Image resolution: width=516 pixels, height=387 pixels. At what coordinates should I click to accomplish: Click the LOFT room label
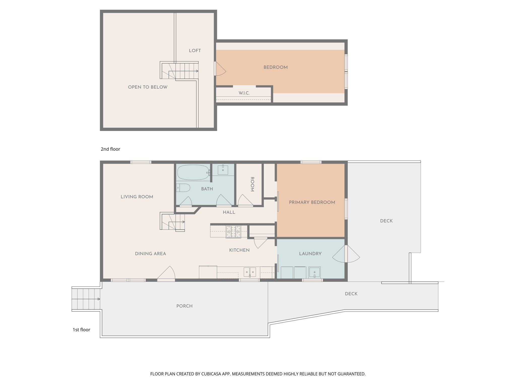click(195, 51)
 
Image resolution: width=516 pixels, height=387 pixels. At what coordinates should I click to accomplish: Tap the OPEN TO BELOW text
click(148, 87)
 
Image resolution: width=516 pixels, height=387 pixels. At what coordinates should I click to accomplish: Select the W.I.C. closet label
click(244, 93)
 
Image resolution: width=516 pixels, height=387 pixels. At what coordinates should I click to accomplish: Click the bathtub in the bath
click(193, 172)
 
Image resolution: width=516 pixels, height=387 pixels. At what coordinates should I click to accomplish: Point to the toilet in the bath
click(183, 188)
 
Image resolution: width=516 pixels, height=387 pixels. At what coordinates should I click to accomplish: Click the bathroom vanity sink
click(223, 170)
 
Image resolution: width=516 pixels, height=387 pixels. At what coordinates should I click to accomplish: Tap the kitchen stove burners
click(233, 232)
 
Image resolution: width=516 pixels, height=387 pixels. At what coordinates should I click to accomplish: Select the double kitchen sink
click(250, 272)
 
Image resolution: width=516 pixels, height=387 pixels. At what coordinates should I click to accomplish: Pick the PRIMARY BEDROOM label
click(312, 202)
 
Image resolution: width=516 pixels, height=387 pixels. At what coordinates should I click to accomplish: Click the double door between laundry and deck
click(346, 254)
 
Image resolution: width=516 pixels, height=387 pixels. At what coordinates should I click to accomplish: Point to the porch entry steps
click(86, 299)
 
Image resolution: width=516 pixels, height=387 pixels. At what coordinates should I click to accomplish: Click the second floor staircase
click(179, 71)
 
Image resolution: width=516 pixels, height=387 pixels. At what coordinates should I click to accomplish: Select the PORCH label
click(184, 306)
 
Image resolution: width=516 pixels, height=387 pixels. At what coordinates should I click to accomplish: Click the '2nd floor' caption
click(110, 149)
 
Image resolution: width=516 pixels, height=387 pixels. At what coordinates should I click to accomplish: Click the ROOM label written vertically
click(252, 184)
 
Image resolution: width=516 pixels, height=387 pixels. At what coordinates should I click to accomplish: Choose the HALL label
click(229, 212)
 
